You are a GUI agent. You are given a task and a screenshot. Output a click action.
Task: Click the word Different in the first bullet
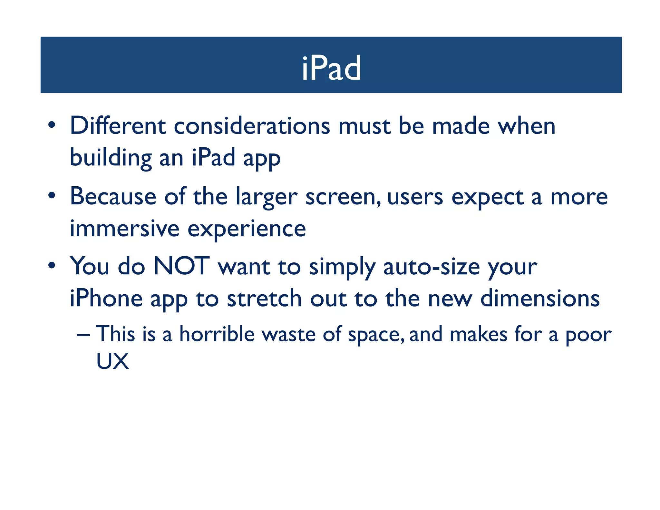click(118, 125)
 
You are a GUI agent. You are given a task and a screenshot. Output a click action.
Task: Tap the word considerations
click(252, 126)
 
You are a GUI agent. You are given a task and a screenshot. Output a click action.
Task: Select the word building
click(111, 158)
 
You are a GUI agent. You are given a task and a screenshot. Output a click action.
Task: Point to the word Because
click(113, 196)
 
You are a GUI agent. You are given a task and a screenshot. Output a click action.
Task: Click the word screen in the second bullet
click(343, 197)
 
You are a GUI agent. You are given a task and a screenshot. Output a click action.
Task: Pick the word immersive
click(124, 229)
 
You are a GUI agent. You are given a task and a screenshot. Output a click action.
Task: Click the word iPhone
click(106, 298)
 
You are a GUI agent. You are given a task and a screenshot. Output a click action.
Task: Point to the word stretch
click(264, 298)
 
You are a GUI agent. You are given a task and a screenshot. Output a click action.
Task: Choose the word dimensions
click(540, 298)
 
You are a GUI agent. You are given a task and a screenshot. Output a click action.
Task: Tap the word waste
click(288, 334)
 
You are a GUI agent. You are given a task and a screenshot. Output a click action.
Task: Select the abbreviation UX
click(112, 361)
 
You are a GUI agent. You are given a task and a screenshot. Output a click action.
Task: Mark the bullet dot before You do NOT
click(52, 266)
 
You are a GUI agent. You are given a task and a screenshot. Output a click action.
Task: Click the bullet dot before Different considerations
click(52, 125)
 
